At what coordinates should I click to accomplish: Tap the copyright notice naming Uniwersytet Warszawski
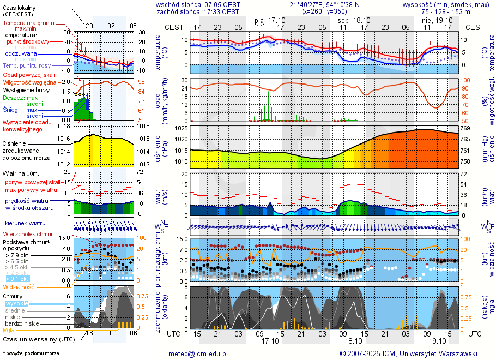[408, 353]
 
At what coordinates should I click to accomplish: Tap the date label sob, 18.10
[354, 20]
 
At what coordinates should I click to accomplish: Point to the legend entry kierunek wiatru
[25, 223]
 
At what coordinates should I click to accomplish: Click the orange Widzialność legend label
[19, 286]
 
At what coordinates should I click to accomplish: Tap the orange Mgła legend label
[9, 330]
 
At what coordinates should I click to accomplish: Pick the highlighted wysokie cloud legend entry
[17, 303]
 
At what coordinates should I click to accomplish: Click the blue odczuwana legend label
[21, 54]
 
